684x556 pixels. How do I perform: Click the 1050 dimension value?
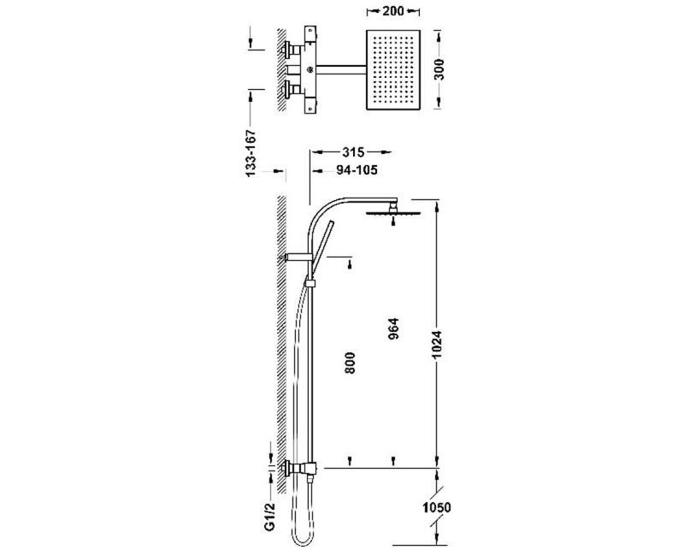point(435,507)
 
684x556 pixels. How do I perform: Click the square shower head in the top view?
point(393,71)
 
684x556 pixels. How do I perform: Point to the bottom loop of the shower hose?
point(302,539)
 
